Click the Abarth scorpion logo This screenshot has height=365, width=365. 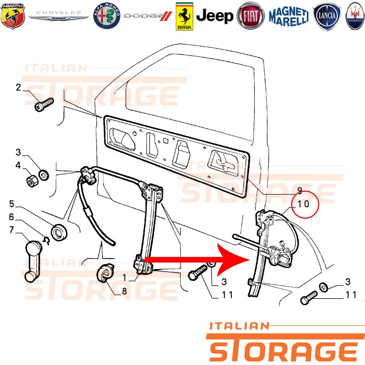(x=13, y=16)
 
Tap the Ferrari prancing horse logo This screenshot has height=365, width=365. (x=184, y=16)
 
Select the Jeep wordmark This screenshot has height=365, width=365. (x=214, y=16)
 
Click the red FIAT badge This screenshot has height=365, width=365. (x=250, y=16)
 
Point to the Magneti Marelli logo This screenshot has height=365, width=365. (x=289, y=16)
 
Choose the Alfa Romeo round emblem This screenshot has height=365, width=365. (x=107, y=16)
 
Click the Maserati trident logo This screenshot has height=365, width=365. (x=355, y=16)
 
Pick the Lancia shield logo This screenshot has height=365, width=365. (x=327, y=16)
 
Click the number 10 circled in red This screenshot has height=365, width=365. (x=303, y=204)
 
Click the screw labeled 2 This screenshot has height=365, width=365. (x=44, y=104)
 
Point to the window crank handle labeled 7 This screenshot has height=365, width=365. (x=33, y=261)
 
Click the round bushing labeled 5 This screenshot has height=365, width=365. (x=59, y=232)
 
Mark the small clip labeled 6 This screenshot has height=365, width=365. (x=47, y=241)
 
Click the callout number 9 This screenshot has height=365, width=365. (x=300, y=191)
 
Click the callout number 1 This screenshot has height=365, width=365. (x=125, y=277)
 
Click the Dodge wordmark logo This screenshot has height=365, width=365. (x=148, y=16)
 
